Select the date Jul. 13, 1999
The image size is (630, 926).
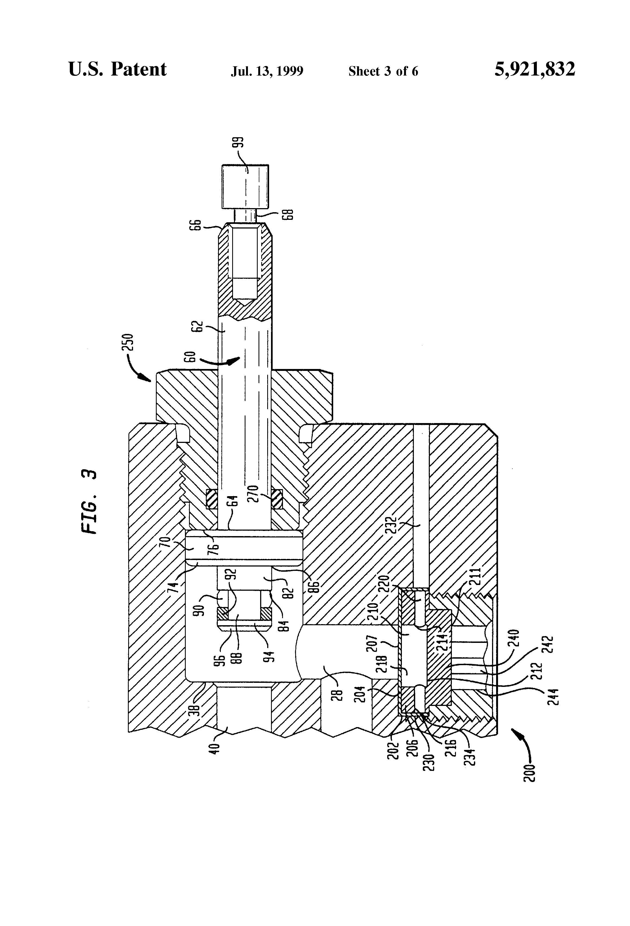(x=267, y=71)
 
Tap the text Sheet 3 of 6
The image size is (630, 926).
(x=383, y=71)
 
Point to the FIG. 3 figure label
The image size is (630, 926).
(x=89, y=502)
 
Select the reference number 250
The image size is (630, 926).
(x=130, y=342)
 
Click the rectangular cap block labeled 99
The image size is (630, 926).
(x=245, y=186)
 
